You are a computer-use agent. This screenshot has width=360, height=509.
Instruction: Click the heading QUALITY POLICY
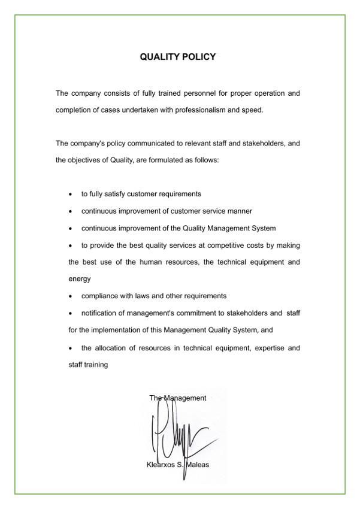tap(177, 57)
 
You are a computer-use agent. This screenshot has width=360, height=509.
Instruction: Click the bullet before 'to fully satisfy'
tap(71, 195)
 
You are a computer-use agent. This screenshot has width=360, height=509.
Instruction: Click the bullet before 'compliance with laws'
tap(71, 296)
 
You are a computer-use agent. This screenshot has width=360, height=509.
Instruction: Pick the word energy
tap(80, 279)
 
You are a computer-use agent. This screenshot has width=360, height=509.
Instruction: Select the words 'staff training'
tap(88, 365)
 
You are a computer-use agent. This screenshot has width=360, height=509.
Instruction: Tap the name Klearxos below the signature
tap(160, 465)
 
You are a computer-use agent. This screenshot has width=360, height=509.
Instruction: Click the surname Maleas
tap(198, 465)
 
